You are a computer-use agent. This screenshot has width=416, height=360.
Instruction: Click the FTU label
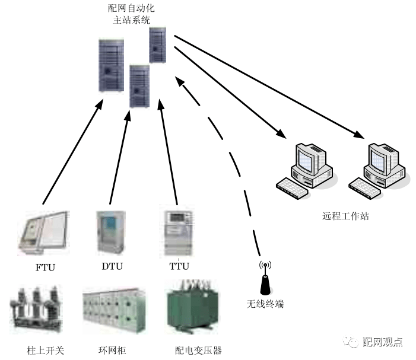click(x=45, y=267)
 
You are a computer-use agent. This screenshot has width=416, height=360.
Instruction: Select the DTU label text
click(x=112, y=266)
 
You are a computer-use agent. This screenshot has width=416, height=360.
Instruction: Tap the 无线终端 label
click(x=265, y=304)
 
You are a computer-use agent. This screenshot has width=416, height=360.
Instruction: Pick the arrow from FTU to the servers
click(x=71, y=155)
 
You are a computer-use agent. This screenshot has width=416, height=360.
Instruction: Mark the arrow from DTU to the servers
click(x=119, y=157)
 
